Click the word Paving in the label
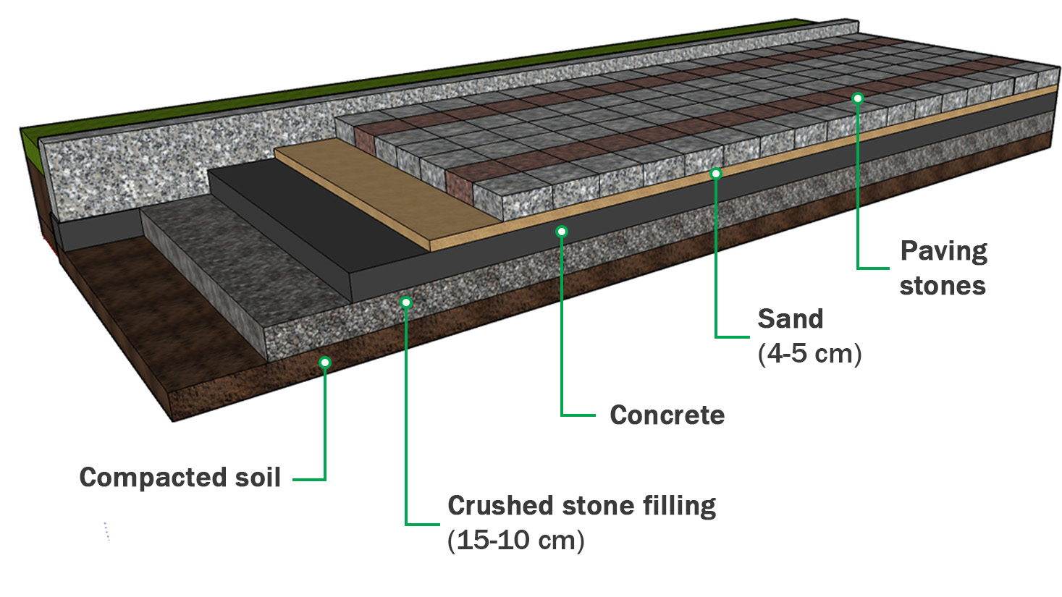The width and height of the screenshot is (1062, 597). pyautogui.click(x=943, y=252)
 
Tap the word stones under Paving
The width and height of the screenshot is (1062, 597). pyautogui.click(x=942, y=286)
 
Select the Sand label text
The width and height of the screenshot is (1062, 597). pyautogui.click(x=790, y=319)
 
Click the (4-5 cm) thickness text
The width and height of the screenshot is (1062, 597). pyautogui.click(x=809, y=354)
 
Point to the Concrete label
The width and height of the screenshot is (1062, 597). pyautogui.click(x=667, y=415)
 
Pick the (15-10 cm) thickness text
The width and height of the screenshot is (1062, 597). pyautogui.click(x=515, y=541)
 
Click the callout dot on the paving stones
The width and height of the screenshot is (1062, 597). pyautogui.click(x=857, y=98)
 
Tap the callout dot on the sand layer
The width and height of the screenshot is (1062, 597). pyautogui.click(x=715, y=174)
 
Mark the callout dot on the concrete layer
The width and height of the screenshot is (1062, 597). pyautogui.click(x=561, y=232)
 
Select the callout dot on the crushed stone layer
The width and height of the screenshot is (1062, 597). pyautogui.click(x=406, y=302)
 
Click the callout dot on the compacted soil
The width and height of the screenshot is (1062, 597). pyautogui.click(x=325, y=362)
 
